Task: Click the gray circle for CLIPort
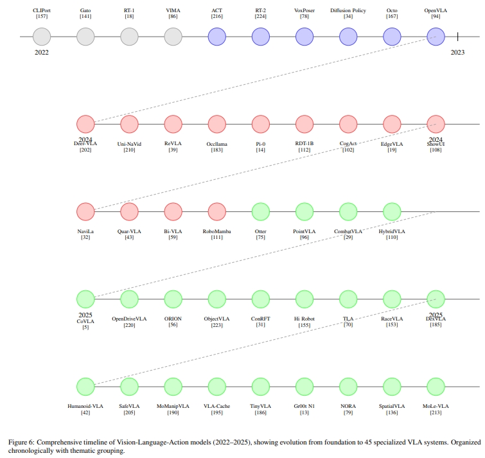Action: (x=42, y=37)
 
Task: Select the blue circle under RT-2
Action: (x=261, y=37)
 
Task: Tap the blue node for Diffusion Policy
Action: (x=348, y=37)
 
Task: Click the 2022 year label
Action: (x=42, y=53)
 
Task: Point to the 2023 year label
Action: (x=457, y=53)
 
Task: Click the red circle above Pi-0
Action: (x=261, y=124)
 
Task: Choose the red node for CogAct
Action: (x=348, y=124)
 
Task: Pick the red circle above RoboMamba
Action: (x=217, y=211)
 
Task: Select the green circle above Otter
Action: (x=261, y=211)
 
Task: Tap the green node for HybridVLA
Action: (x=392, y=211)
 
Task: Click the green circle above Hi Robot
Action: (x=304, y=299)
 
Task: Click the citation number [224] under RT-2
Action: (x=261, y=17)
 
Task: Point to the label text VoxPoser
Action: (x=304, y=11)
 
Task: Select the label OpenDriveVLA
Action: (x=129, y=319)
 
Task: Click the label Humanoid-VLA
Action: (x=85, y=407)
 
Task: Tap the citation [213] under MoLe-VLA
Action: (x=436, y=413)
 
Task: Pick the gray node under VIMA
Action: (x=173, y=37)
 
